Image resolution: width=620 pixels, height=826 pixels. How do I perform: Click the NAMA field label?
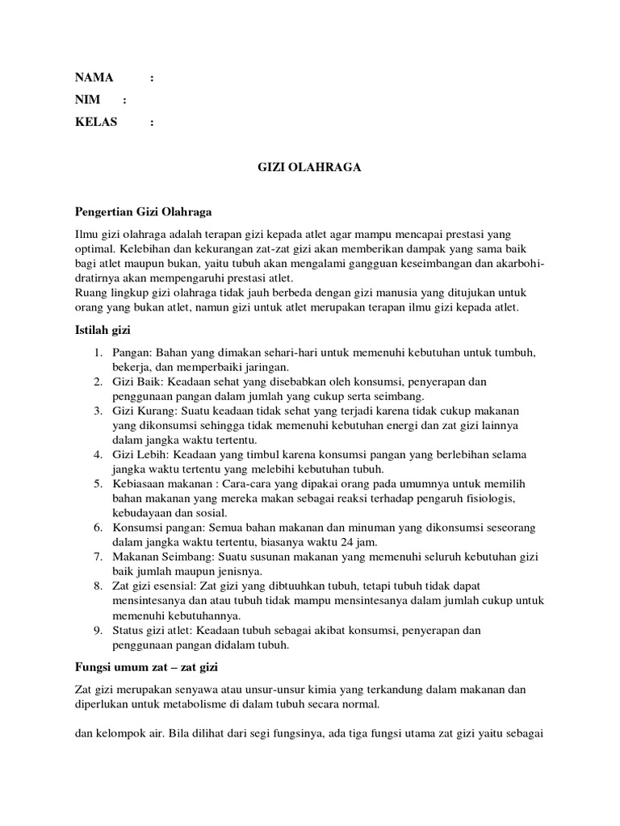pyautogui.click(x=94, y=78)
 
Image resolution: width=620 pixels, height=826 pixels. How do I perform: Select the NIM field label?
pyautogui.click(x=87, y=100)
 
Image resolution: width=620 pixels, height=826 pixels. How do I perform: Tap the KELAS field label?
pyautogui.click(x=96, y=122)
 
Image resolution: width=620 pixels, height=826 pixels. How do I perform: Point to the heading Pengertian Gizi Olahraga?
pyautogui.click(x=143, y=212)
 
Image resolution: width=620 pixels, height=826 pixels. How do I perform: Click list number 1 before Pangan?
pyautogui.click(x=97, y=353)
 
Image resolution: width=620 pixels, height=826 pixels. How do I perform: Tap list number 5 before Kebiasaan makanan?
pyautogui.click(x=97, y=484)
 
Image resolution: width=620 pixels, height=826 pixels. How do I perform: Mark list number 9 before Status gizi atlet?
pyautogui.click(x=97, y=630)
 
